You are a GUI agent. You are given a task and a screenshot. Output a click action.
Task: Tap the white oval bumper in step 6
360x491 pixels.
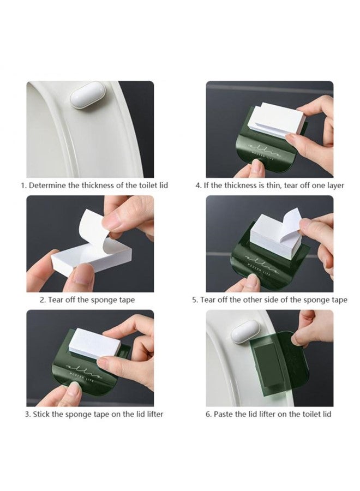(246, 334)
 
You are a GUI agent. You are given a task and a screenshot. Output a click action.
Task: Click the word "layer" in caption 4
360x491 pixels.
(335, 186)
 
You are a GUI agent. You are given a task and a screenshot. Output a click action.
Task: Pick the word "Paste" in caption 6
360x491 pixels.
(224, 414)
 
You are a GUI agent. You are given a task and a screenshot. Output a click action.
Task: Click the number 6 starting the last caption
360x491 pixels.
(208, 415)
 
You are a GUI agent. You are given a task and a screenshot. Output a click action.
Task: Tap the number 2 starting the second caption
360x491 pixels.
(42, 300)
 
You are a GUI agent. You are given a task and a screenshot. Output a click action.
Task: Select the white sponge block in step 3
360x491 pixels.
(94, 343)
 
